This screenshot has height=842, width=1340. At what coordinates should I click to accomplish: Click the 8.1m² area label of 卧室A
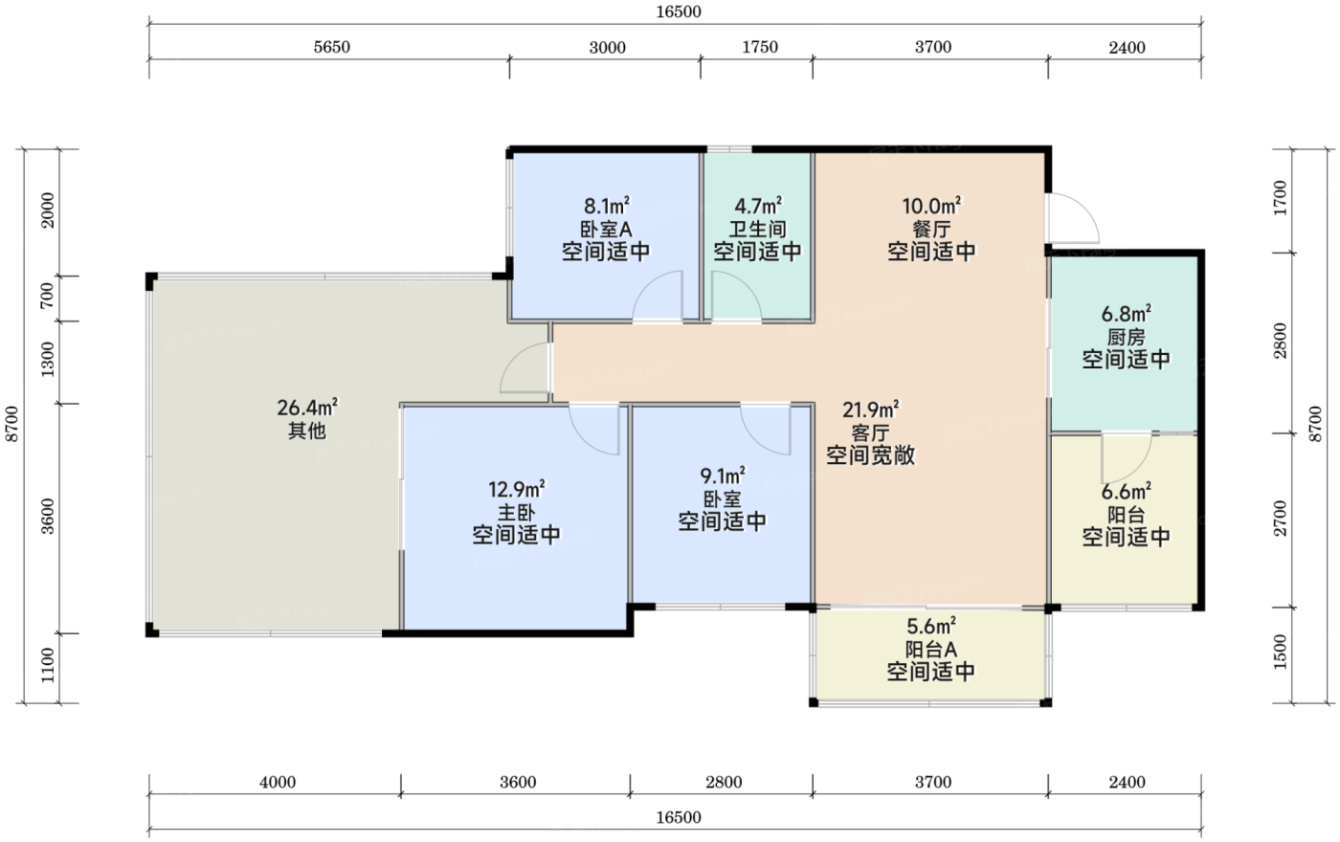click(x=607, y=207)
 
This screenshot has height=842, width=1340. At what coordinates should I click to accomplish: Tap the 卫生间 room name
click(x=757, y=229)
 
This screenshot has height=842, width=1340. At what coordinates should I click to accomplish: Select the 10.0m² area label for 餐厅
click(x=931, y=207)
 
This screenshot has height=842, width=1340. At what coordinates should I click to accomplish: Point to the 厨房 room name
click(x=1126, y=337)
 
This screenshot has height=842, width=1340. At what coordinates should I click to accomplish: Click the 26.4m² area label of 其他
click(x=307, y=408)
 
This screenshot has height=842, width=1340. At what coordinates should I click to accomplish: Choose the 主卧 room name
click(x=516, y=513)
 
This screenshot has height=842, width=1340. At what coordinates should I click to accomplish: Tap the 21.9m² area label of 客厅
click(x=870, y=410)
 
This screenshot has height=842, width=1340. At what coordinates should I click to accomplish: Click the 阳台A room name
click(x=930, y=650)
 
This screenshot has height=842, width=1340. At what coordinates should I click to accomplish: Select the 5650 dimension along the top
click(x=331, y=47)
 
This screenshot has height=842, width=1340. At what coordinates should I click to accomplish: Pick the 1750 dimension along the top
click(x=760, y=47)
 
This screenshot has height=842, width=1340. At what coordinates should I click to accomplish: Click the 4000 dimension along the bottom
click(x=278, y=782)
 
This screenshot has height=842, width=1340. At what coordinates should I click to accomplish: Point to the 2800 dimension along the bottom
click(x=724, y=782)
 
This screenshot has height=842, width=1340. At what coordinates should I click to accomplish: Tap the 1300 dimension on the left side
click(x=47, y=360)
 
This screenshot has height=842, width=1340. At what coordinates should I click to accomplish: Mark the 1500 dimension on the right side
click(x=1280, y=652)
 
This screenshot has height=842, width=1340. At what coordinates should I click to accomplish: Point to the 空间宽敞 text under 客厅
click(x=870, y=455)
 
